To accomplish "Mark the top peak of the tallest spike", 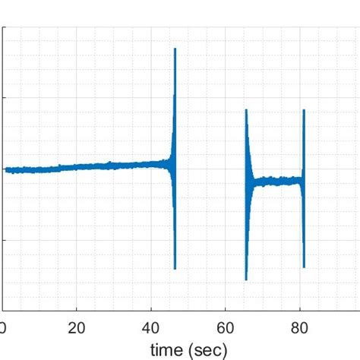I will (175, 49).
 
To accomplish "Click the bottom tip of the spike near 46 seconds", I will (175, 268).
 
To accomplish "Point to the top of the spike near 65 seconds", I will (246, 110).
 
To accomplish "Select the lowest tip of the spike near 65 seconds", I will (246, 279).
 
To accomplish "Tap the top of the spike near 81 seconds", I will (304, 111).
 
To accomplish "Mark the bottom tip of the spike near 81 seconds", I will (304, 267).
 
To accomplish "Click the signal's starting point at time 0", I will (5, 169).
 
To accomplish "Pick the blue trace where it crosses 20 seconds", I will (77, 166).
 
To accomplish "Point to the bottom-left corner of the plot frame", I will (3, 310).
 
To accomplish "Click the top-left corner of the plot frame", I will (3, 28).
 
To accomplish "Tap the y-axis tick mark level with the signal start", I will (5, 169).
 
